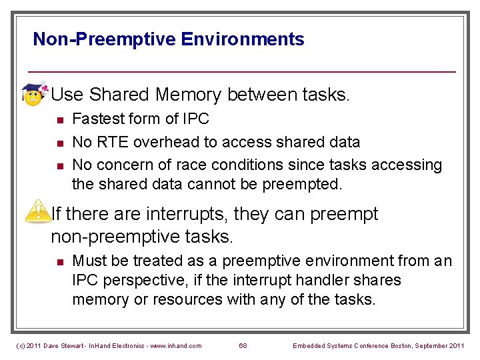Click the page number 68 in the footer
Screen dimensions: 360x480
[243, 345]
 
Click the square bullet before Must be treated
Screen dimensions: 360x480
[59, 262]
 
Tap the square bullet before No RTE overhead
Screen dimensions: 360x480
[59, 143]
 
